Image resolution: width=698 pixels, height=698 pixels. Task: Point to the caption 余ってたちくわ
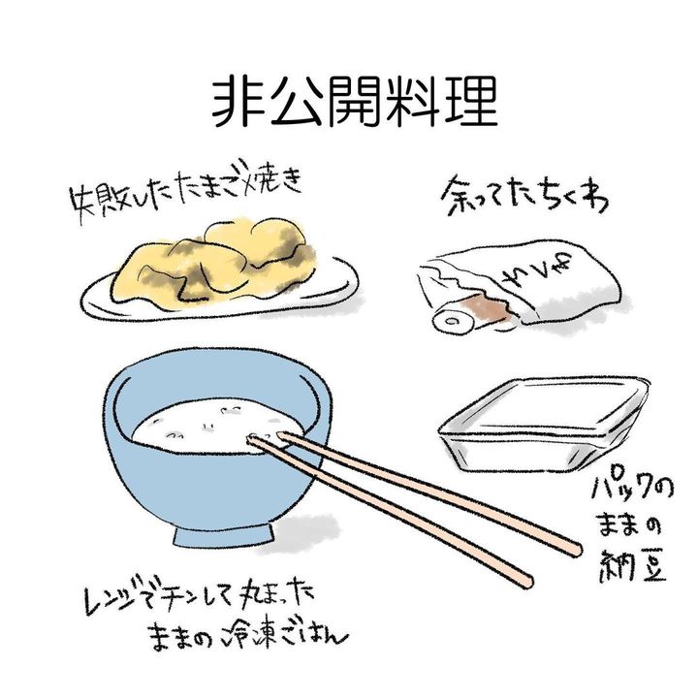point(525,196)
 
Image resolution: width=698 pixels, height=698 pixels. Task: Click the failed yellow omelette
point(213,263)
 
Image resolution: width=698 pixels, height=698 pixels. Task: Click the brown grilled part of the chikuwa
point(489,307)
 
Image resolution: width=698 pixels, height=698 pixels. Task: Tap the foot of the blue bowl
point(224,535)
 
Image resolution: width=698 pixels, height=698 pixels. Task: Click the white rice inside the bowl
point(212,427)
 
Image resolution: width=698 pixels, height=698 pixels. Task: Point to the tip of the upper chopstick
point(279,432)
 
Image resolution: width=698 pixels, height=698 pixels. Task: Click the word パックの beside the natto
point(632,491)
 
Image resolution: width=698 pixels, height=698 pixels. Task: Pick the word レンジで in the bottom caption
point(119,595)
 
